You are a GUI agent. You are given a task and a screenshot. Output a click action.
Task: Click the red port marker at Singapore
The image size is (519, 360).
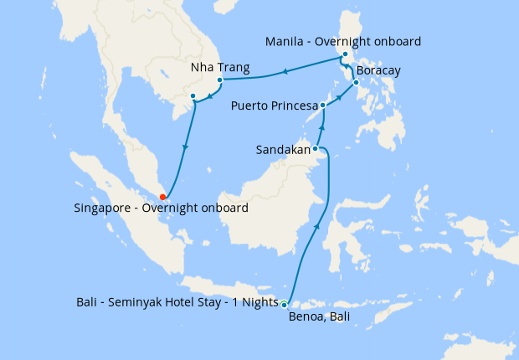click(162, 197)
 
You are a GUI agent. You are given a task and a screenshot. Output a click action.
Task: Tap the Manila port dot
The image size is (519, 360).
click(345, 55)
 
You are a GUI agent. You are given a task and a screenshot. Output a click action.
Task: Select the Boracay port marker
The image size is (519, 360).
click(356, 82)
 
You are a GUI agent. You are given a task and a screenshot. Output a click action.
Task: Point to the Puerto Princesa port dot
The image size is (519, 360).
click(323, 105)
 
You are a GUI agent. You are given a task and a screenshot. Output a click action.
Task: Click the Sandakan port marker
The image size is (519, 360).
click(315, 149)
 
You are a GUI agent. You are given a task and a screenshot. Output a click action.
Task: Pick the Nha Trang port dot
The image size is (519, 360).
click(219, 81)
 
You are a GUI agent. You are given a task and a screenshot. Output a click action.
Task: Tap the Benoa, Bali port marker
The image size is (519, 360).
click(285, 304)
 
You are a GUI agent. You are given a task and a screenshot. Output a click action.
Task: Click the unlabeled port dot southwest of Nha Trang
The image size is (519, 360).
click(193, 96)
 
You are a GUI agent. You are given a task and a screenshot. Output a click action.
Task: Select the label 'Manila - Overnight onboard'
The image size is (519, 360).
click(342, 41)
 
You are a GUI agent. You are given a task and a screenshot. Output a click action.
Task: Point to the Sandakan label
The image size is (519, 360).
click(282, 150)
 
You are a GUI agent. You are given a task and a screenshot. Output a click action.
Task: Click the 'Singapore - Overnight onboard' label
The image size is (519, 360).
click(161, 208)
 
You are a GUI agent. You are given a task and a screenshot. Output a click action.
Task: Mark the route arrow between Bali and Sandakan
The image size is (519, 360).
click(317, 224)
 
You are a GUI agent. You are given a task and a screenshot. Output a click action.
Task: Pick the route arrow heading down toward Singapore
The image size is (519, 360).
click(185, 148)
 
